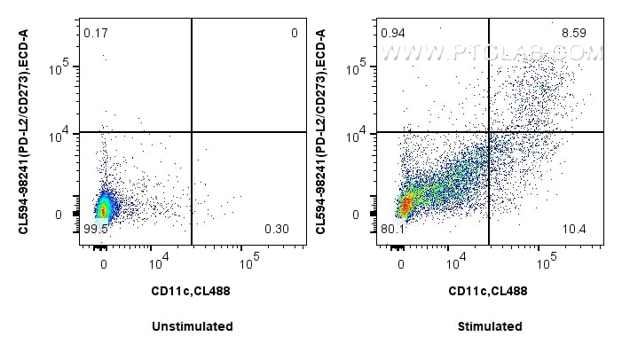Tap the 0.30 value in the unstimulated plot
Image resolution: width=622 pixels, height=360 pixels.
(x=276, y=230)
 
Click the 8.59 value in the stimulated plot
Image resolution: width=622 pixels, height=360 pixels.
(x=573, y=34)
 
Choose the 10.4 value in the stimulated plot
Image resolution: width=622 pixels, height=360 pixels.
(x=574, y=230)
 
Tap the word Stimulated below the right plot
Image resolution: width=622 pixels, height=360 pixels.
(x=490, y=326)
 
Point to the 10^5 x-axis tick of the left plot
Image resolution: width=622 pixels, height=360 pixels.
(x=248, y=259)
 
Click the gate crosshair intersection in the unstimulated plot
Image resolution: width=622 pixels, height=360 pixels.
(x=192, y=132)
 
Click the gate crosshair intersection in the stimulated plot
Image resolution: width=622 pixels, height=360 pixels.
(x=489, y=132)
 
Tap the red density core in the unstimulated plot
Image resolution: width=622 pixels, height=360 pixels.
(x=103, y=210)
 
